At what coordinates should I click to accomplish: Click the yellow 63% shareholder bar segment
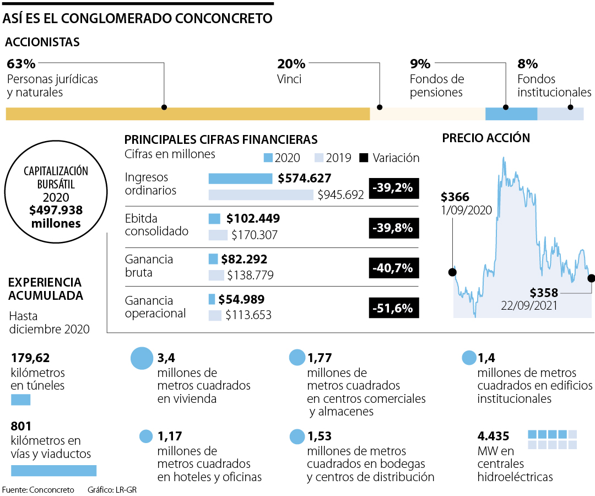point(187,114)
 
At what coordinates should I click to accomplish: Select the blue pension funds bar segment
point(511,114)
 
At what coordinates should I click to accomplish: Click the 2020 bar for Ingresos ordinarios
point(240,179)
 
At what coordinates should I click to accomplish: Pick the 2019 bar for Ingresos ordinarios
point(261,195)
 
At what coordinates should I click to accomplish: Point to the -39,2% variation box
point(393,188)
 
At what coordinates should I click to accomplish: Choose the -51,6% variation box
point(393,308)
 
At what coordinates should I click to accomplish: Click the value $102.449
point(253,218)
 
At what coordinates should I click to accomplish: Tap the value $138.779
point(251,275)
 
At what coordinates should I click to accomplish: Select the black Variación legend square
point(364,158)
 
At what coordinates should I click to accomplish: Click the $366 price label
point(455,197)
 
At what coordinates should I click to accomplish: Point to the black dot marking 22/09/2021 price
point(591,278)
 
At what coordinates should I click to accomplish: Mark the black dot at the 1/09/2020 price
point(453,272)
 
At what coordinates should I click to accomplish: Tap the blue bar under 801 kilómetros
point(53,470)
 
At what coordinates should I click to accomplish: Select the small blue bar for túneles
point(20,400)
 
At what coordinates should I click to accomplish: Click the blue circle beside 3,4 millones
point(141,358)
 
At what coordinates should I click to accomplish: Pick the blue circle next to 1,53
point(297,436)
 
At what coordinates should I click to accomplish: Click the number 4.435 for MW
point(494,435)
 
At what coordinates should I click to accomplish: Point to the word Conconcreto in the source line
point(51,489)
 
